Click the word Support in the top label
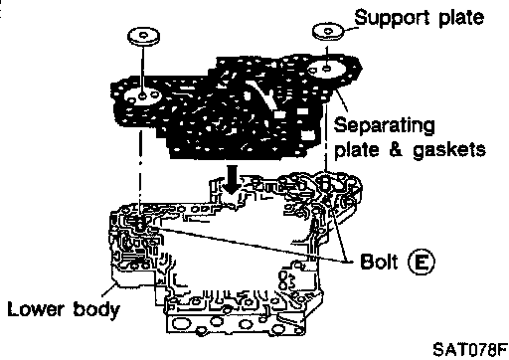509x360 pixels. click(x=393, y=18)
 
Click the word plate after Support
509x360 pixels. click(x=461, y=17)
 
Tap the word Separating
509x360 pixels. click(x=384, y=126)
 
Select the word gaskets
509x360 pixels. click(x=449, y=150)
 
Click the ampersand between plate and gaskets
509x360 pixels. click(x=396, y=149)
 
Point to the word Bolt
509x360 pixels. click(x=379, y=262)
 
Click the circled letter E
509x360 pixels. click(x=421, y=262)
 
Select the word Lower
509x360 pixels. click(x=36, y=309)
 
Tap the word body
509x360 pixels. click(x=96, y=310)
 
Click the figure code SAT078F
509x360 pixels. click(x=470, y=349)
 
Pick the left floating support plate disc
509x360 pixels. click(x=143, y=37)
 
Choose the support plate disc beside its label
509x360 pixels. click(x=328, y=32)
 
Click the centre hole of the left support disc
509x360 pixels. click(x=143, y=35)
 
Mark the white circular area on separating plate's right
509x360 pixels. click(x=327, y=70)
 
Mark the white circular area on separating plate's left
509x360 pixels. click(x=141, y=96)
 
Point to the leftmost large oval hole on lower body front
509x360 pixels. click(x=181, y=323)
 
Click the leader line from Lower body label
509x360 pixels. click(x=108, y=290)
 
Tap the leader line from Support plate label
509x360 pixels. click(x=351, y=29)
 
